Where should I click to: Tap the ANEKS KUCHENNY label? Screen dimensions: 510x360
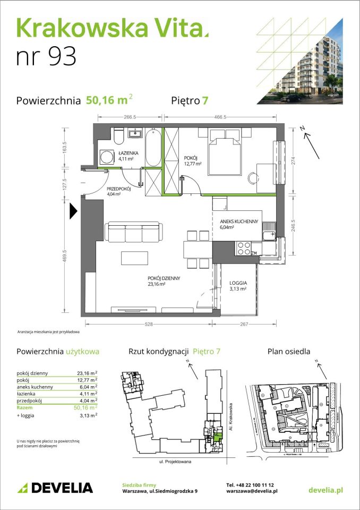point(239,222)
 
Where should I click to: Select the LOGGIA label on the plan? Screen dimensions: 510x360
point(237,283)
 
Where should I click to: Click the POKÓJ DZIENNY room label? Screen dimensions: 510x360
point(164,278)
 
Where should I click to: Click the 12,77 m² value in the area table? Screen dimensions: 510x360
point(87,380)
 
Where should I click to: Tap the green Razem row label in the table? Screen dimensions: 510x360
point(25,407)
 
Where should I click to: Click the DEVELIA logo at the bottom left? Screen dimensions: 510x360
point(55,488)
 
